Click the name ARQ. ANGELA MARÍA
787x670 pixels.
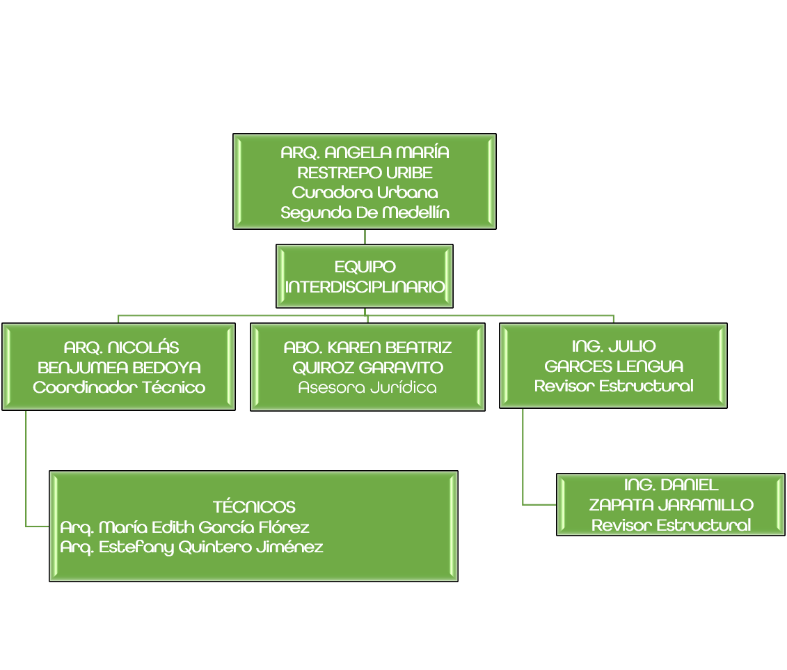pyautogui.click(x=365, y=153)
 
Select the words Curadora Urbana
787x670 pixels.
pyautogui.click(x=365, y=192)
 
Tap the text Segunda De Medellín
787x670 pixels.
pyautogui.click(x=365, y=212)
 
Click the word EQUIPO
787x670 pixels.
pyautogui.click(x=365, y=267)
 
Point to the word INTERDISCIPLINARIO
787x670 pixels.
pyautogui.click(x=365, y=286)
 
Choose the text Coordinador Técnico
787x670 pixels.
pyautogui.click(x=119, y=387)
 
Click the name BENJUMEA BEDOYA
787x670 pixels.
pyautogui.click(x=119, y=367)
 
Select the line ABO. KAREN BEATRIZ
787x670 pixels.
pyautogui.click(x=367, y=347)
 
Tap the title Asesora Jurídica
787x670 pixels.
pyautogui.click(x=367, y=387)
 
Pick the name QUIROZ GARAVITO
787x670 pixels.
pyautogui.click(x=367, y=367)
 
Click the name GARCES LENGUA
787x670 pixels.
pyautogui.click(x=613, y=366)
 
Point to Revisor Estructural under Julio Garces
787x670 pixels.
pyautogui.click(x=613, y=386)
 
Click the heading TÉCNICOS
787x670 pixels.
pyautogui.click(x=254, y=507)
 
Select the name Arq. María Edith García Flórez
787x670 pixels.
pyautogui.click(x=184, y=527)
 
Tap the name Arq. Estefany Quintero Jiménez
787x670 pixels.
pyautogui.click(x=191, y=547)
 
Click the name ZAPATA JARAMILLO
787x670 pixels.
pyautogui.click(x=671, y=505)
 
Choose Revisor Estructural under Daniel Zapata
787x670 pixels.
pyautogui.click(x=671, y=525)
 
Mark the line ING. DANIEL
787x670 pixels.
pyautogui.click(x=671, y=485)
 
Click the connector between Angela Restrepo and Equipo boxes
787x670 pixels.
pyautogui.click(x=365, y=237)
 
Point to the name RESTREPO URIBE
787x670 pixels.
pyautogui.click(x=365, y=172)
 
